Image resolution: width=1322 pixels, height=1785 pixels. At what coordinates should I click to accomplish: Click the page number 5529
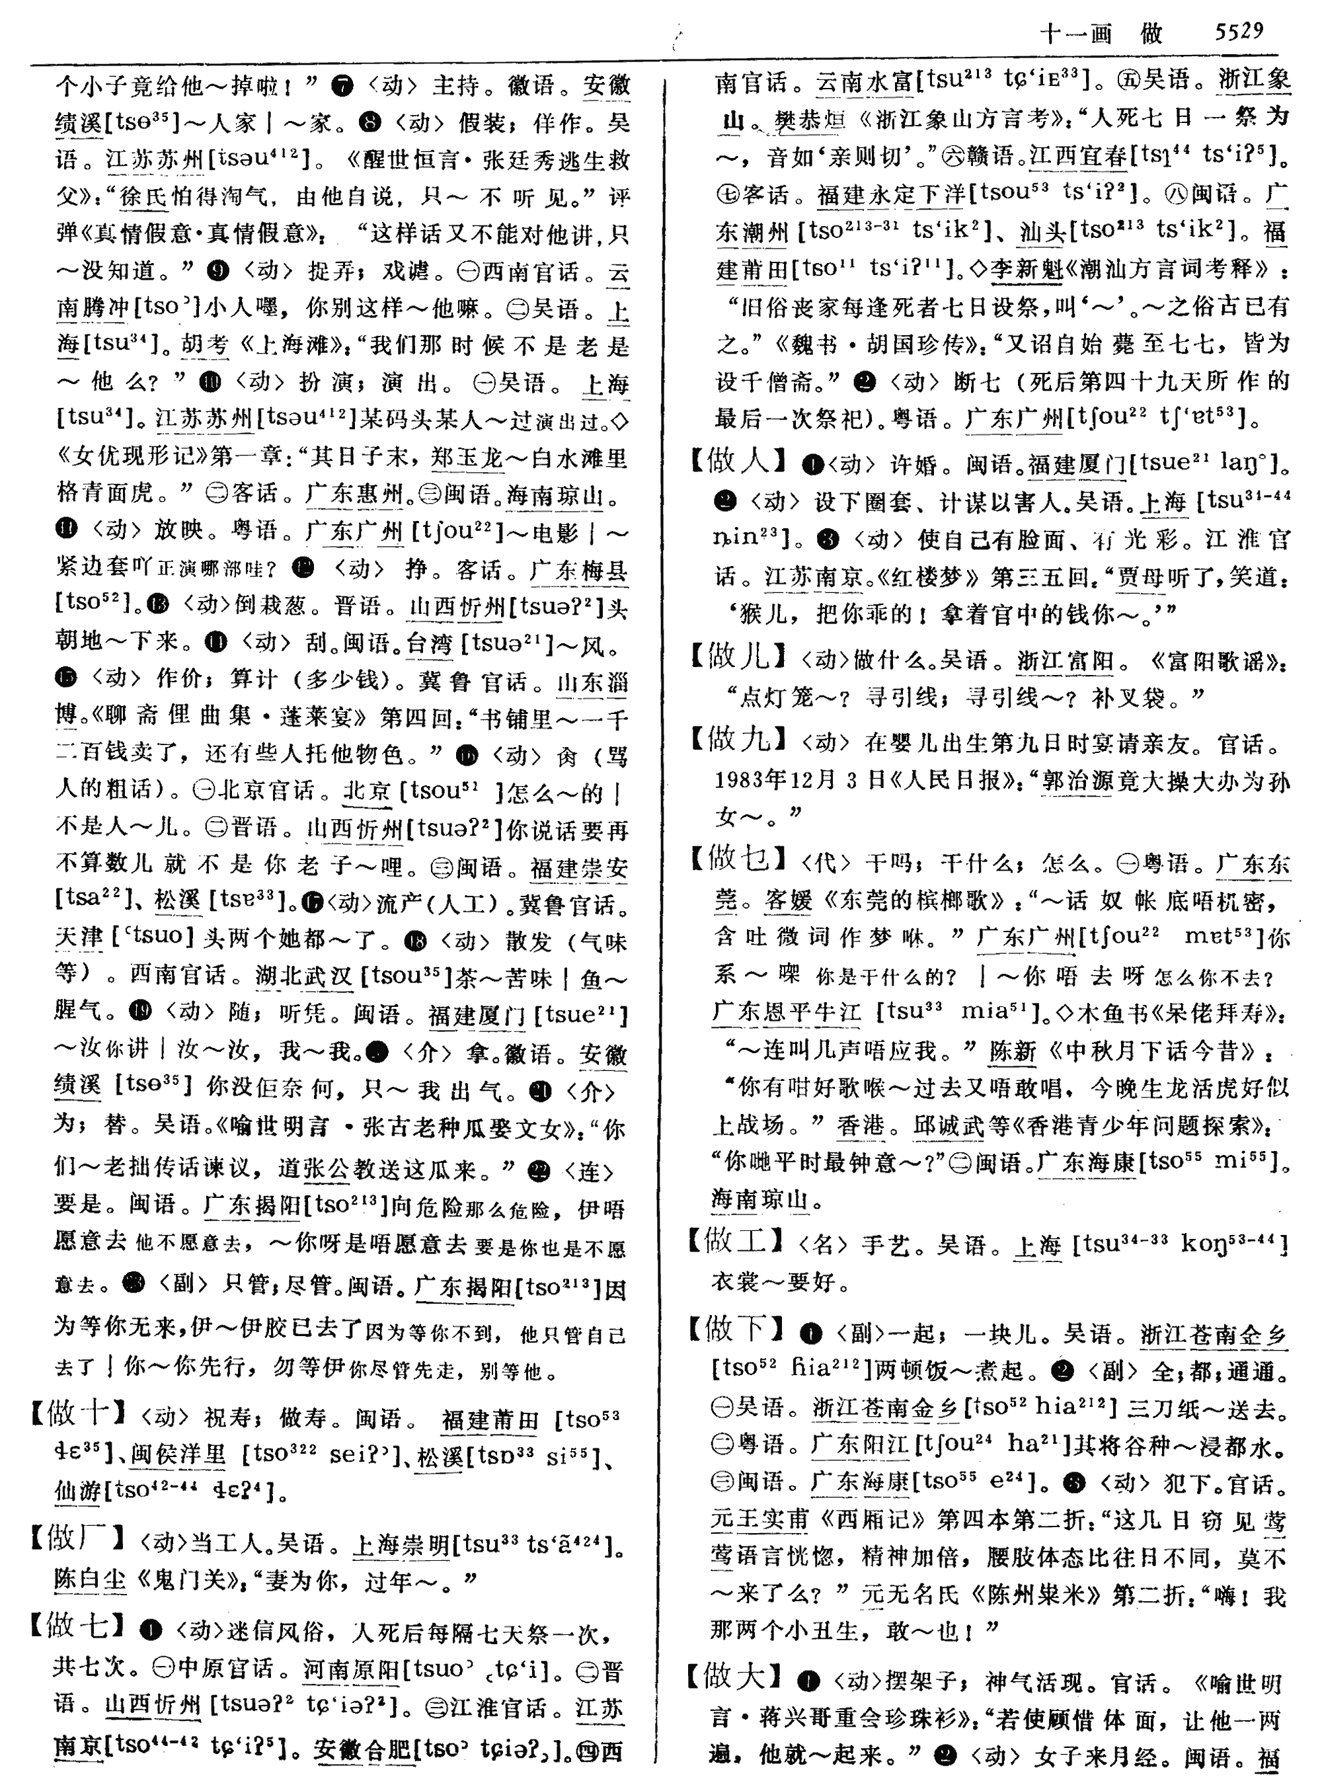click(x=1238, y=31)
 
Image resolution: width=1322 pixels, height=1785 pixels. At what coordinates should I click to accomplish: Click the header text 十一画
click(x=1075, y=34)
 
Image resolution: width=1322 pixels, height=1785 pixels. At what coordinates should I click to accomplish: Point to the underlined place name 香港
click(x=860, y=1125)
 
